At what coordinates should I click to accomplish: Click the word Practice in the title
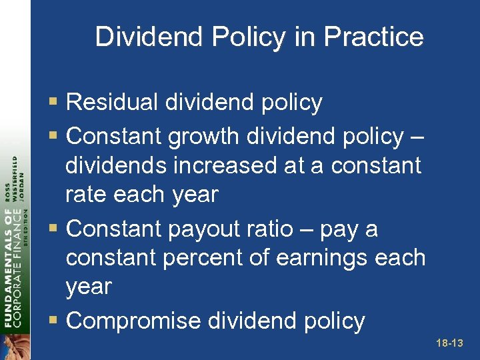(x=375, y=37)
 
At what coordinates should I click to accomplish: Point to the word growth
(x=204, y=136)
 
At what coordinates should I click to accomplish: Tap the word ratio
(x=269, y=229)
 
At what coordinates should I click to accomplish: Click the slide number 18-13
(x=449, y=343)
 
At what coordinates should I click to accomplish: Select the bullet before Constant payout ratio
(x=55, y=229)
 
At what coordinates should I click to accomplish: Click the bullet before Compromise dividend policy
(x=55, y=321)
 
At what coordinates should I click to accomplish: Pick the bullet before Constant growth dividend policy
(x=55, y=137)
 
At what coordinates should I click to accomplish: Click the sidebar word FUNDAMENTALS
(x=9, y=267)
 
